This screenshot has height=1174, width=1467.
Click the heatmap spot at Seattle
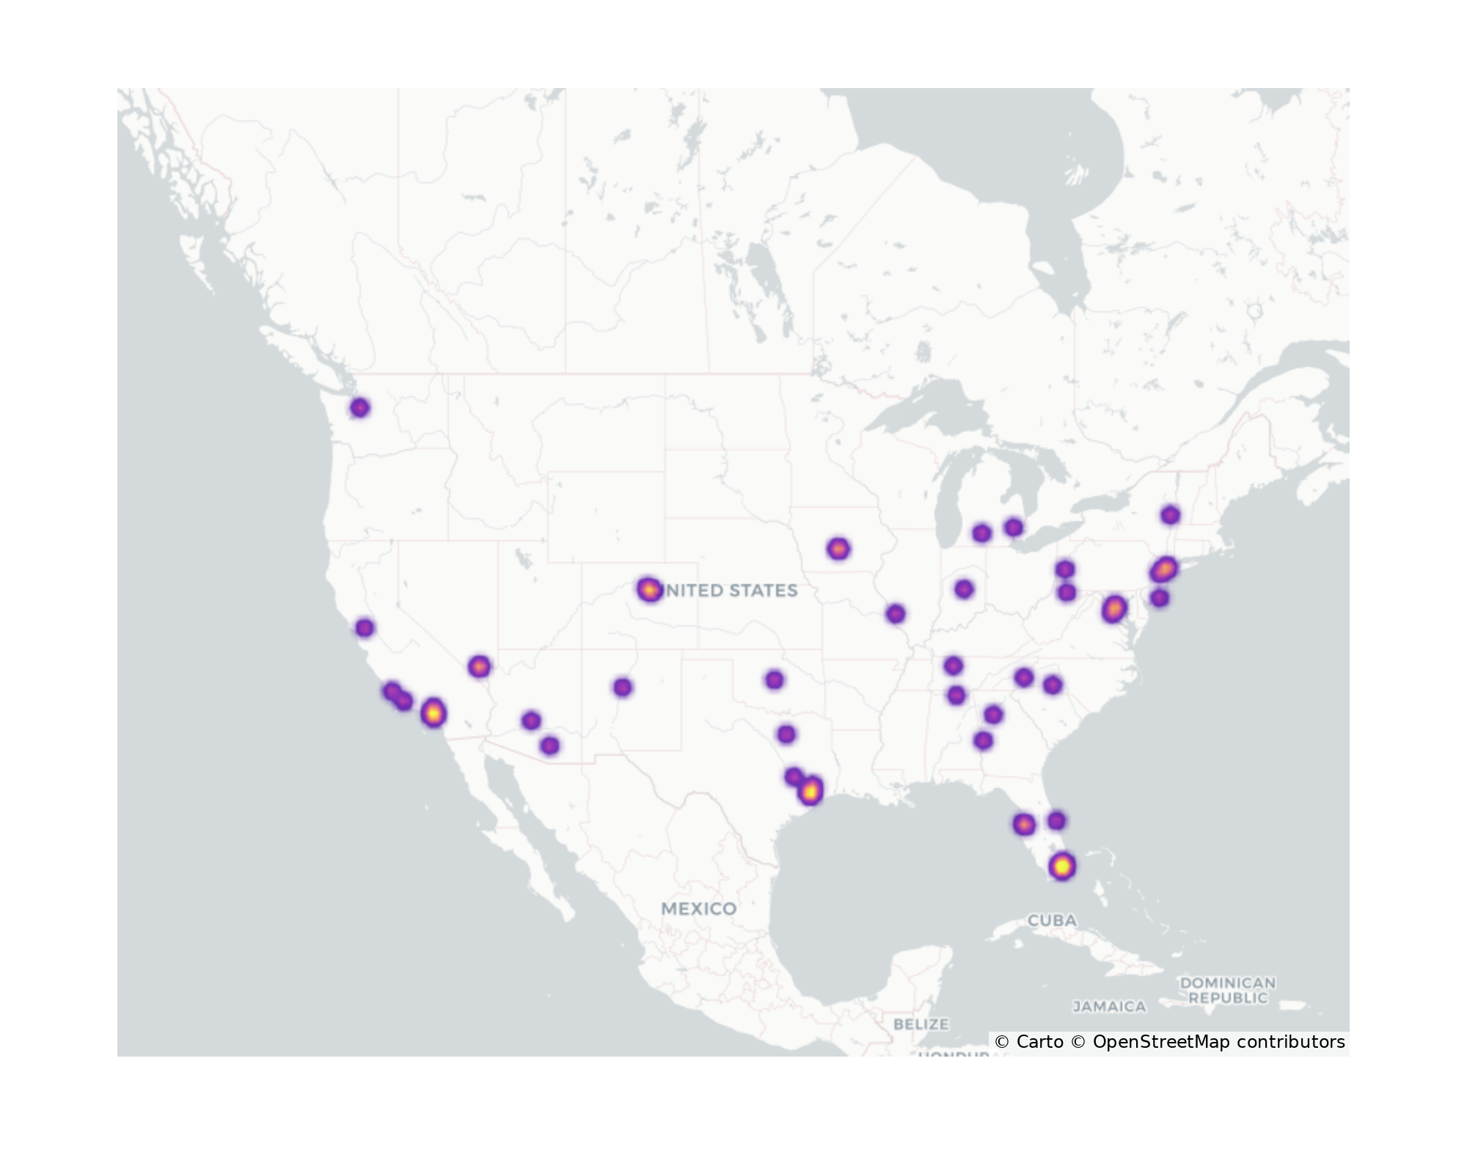[359, 408]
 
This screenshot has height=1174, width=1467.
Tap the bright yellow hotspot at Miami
[1061, 867]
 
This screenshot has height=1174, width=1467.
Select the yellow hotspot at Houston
[810, 792]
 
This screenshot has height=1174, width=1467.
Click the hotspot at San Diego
[433, 712]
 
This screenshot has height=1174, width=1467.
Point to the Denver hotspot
[648, 589]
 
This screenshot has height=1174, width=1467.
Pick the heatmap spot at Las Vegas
[479, 667]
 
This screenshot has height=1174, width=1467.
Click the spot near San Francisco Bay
[365, 628]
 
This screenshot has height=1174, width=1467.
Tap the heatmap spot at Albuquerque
[622, 688]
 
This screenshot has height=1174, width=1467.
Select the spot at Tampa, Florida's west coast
[1024, 825]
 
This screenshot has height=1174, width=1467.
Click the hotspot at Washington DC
[1114, 609]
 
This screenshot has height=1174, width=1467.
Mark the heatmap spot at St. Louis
[895, 614]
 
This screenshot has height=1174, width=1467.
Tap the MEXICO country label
[698, 909]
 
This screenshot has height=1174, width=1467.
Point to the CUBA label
[1052, 920]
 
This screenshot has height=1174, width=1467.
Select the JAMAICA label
[1109, 1007]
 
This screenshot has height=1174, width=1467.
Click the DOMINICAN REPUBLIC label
[1228, 991]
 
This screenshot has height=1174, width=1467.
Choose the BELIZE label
[921, 1024]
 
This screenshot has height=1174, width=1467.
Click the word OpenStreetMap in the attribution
[1161, 1043]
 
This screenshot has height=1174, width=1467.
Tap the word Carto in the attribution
[1039, 1043]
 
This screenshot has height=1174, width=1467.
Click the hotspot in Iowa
[838, 549]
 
